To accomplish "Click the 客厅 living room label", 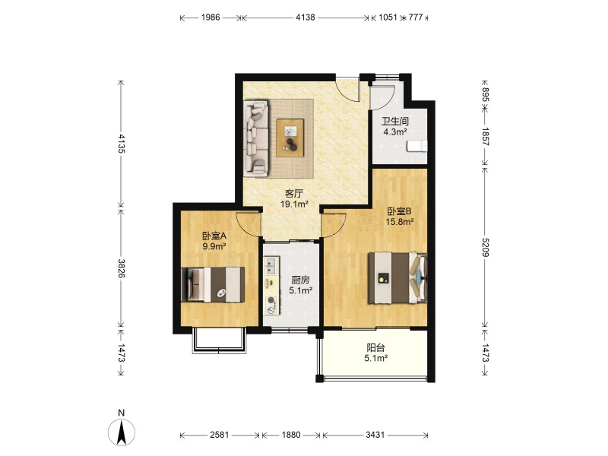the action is pyautogui.click(x=293, y=194).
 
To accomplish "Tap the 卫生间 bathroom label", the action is pyautogui.click(x=395, y=122).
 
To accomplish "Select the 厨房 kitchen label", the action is pyautogui.click(x=300, y=280).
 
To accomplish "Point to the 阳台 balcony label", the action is pyautogui.click(x=375, y=348).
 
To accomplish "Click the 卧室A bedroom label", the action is pyautogui.click(x=214, y=236).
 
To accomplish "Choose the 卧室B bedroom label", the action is pyautogui.click(x=400, y=211).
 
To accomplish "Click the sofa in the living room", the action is pyautogui.click(x=256, y=138).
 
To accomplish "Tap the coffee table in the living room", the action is pyautogui.click(x=290, y=138).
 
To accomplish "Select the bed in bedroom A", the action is pyautogui.click(x=213, y=284).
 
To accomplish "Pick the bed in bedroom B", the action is pyautogui.click(x=397, y=277).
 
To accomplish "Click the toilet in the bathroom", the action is pyautogui.click(x=416, y=146).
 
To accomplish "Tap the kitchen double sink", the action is pyautogui.click(x=271, y=264).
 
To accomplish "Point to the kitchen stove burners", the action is pyautogui.click(x=271, y=305).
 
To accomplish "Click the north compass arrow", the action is pyautogui.click(x=122, y=432).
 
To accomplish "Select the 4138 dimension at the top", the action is pyautogui.click(x=306, y=17).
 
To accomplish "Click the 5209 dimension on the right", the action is pyautogui.click(x=485, y=248).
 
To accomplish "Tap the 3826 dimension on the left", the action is pyautogui.click(x=122, y=268).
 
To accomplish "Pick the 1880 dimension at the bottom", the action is pyautogui.click(x=291, y=435).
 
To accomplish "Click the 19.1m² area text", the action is pyautogui.click(x=294, y=204).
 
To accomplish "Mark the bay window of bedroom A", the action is pyautogui.click(x=219, y=341).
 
